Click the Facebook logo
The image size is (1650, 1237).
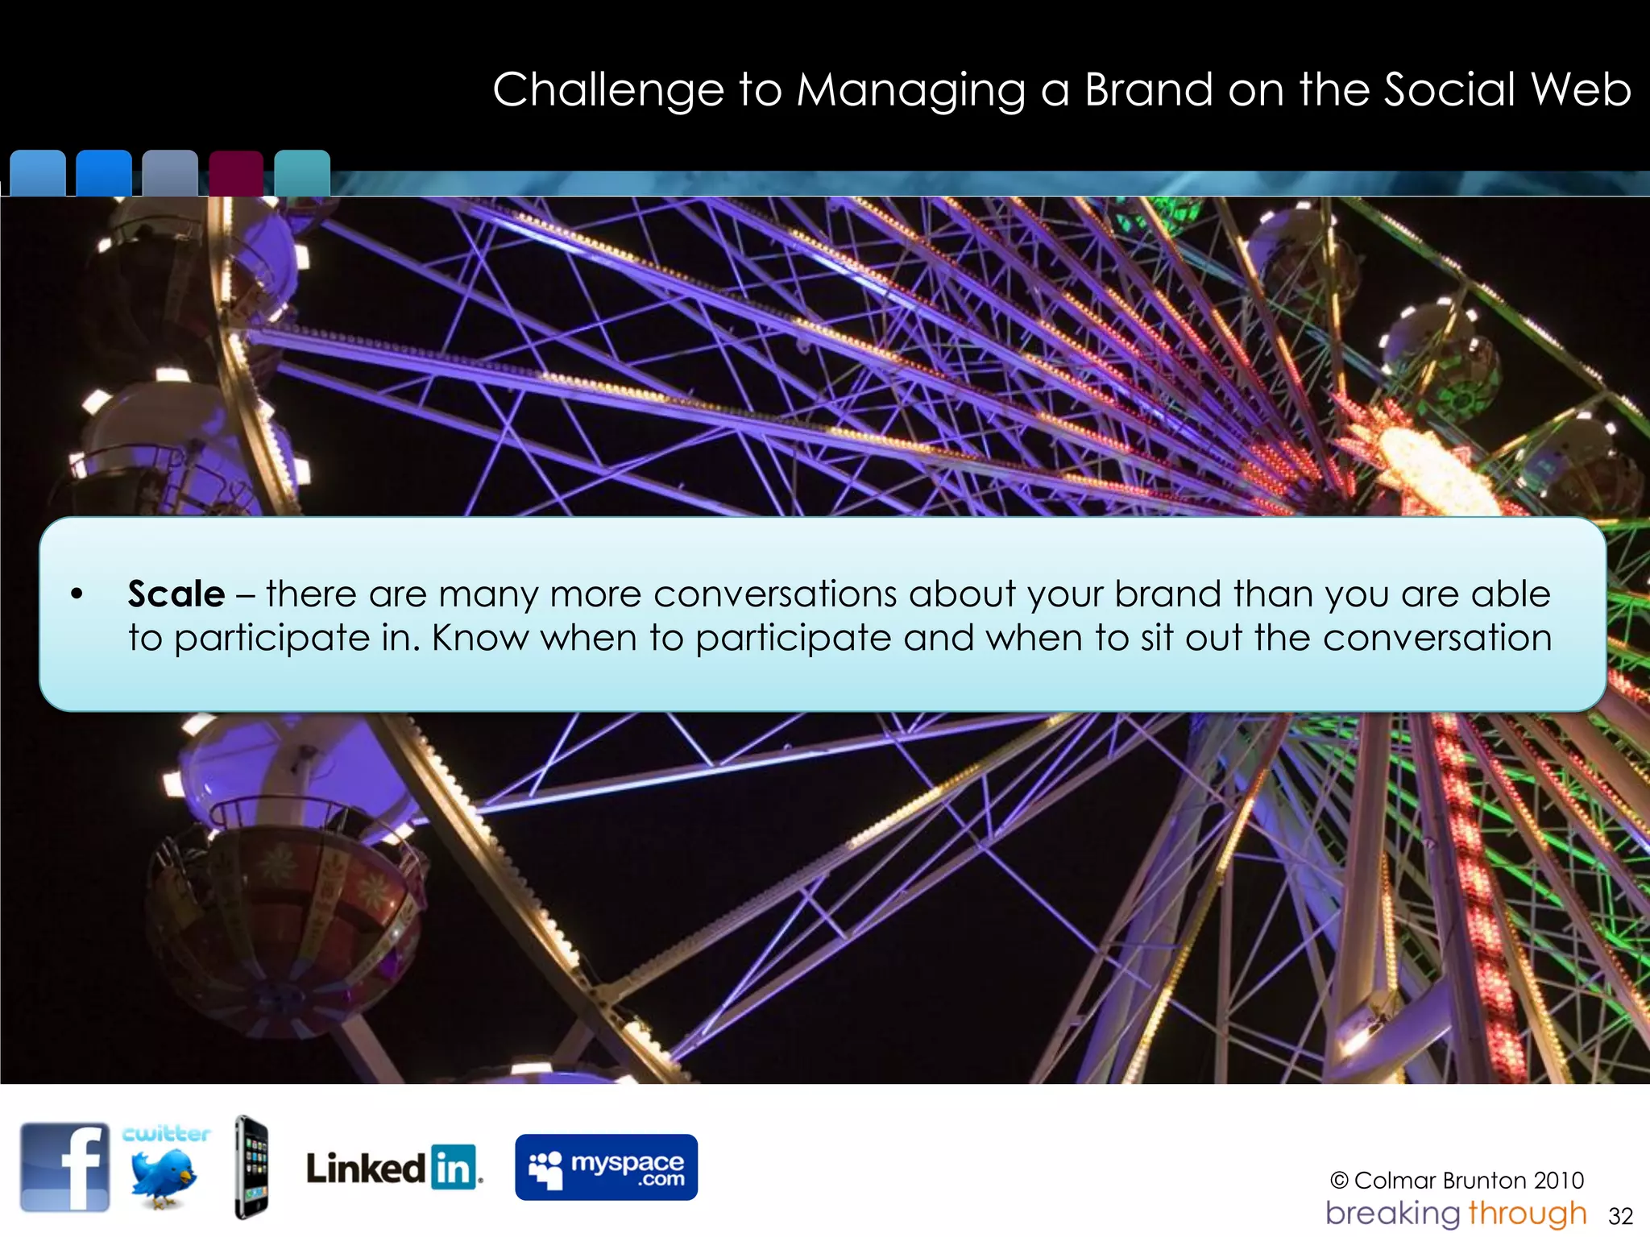[65, 1167]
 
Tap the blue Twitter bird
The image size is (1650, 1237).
[164, 1177]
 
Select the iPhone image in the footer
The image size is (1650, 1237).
[251, 1167]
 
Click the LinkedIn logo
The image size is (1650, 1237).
[393, 1168]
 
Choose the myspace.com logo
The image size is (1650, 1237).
[606, 1167]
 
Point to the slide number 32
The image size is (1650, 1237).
[1620, 1216]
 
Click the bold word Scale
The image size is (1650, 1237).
[176, 594]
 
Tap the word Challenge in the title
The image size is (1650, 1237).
[608, 89]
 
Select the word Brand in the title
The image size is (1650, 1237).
[1149, 89]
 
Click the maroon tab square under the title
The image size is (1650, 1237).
[236, 172]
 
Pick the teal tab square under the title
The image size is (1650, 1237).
[302, 172]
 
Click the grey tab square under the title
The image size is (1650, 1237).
[170, 172]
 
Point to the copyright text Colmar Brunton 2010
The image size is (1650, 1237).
[1457, 1181]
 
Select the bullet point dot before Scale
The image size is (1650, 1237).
[77, 595]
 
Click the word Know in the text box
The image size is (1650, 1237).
[480, 639]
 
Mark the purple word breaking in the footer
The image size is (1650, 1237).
[1393, 1214]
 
